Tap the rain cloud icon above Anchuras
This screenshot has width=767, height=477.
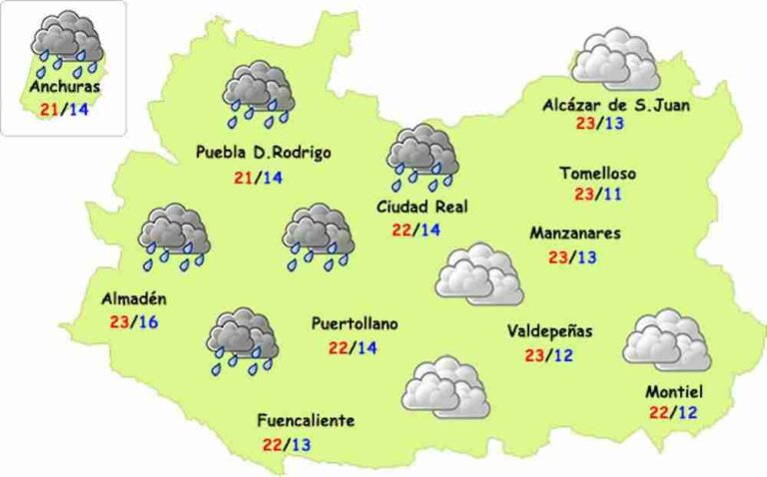(x=66, y=44)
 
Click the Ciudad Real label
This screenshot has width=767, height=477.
(x=422, y=207)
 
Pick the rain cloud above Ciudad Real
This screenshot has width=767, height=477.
(x=421, y=157)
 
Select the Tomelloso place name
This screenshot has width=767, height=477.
(x=597, y=173)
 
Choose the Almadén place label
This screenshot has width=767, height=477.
(x=134, y=298)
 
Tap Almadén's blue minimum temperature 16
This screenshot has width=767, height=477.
(x=148, y=321)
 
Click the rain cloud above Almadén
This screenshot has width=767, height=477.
(x=174, y=238)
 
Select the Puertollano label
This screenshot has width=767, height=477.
(x=355, y=324)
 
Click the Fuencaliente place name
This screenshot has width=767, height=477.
(x=305, y=420)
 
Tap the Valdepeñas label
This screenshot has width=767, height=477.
(x=550, y=331)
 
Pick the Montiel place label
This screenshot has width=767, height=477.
(x=674, y=391)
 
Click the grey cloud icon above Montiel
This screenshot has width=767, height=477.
(x=666, y=341)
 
